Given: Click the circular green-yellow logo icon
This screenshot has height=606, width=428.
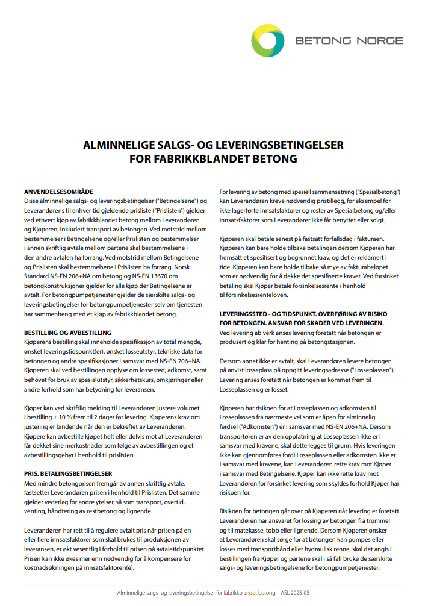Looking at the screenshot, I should pos(268,41).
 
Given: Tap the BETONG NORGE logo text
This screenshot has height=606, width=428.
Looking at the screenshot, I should pos(349,41).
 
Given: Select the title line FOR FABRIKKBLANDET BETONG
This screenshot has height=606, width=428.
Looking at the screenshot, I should pos(214,160).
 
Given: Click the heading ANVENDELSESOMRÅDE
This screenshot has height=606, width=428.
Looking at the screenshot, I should pos(59,191).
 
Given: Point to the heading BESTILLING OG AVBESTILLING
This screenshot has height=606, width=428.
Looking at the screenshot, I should pos(67,333).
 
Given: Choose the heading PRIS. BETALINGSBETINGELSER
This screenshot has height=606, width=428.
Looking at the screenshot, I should pos(67,474).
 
